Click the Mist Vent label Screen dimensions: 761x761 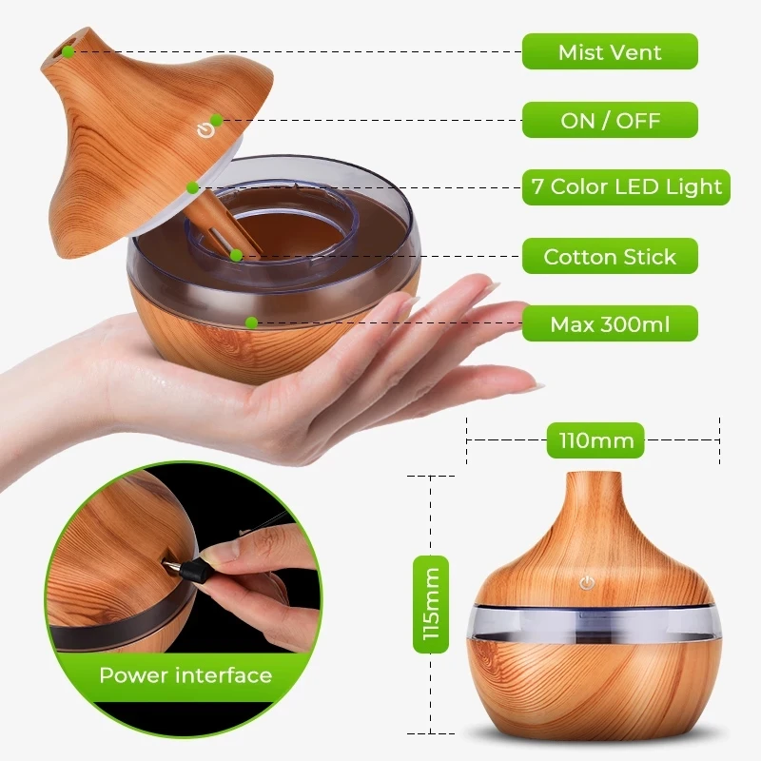pos(610,51)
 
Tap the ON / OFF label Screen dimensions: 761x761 pos(610,121)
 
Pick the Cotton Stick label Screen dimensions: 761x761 pos(610,257)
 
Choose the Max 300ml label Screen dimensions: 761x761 pos(610,324)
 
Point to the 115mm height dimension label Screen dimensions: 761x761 pos(431,604)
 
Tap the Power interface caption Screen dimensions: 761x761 pos(185,676)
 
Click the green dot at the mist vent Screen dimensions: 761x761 pos(69,51)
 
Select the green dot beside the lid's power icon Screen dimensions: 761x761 pos(217,120)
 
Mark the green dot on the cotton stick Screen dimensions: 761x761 pos(235,255)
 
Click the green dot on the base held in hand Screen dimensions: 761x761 pos(251,322)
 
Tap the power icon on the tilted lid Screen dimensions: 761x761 pos(202,130)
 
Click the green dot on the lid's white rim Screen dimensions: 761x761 pos(193,187)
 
